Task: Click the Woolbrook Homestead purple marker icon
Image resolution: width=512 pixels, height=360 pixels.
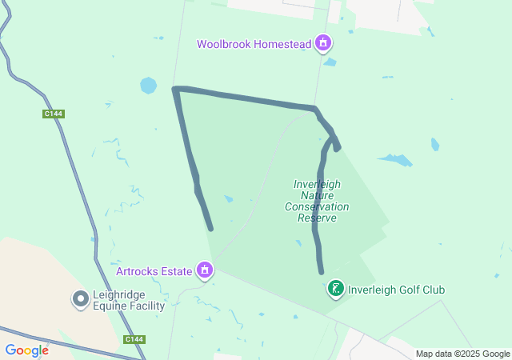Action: coord(323,43)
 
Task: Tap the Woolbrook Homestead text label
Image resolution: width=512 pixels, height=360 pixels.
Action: coord(254,44)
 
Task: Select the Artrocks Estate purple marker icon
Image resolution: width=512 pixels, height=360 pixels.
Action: coord(206,270)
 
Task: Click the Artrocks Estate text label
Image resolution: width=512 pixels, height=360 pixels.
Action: coord(154,270)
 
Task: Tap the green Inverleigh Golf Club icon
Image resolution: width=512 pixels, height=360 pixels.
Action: coord(336,289)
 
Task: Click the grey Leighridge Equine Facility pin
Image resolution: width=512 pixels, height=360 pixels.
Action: coord(81,299)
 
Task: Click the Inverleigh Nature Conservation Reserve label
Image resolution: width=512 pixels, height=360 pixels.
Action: coord(317,201)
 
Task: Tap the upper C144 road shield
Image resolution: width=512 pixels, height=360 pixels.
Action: coord(54,114)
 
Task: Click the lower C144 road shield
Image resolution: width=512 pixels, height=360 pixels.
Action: coord(134,340)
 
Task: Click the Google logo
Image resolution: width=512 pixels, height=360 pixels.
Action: coord(26,350)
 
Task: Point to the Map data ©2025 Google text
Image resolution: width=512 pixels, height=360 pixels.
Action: coord(462,354)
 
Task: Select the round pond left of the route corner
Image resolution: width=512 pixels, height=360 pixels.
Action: coord(148,85)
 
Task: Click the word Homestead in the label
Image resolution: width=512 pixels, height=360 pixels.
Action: coord(282,44)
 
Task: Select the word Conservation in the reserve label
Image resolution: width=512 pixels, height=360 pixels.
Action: coord(317,206)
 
